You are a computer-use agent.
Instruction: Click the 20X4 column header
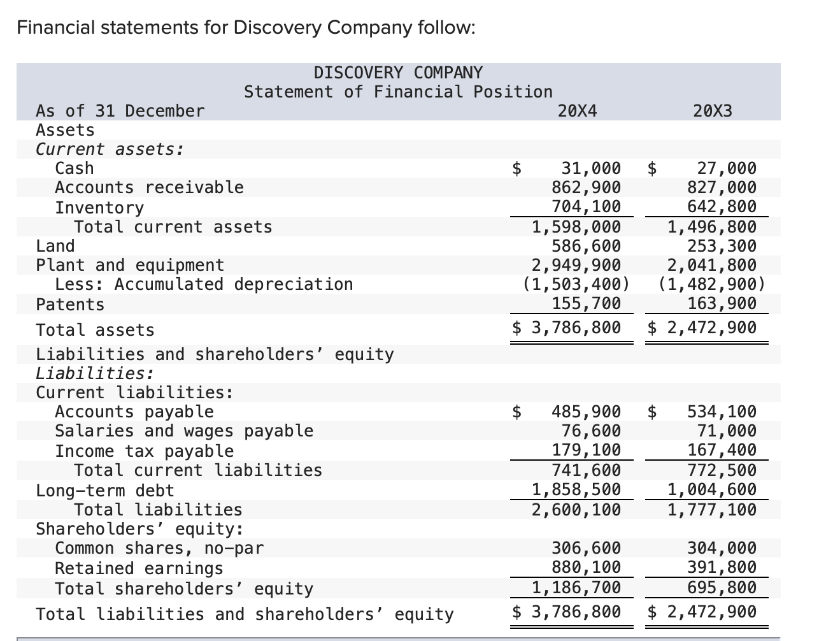click(x=577, y=111)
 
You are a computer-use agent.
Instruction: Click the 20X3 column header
click(x=713, y=111)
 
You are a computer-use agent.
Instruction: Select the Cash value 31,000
click(x=590, y=168)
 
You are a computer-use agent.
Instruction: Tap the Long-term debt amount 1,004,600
click(x=712, y=489)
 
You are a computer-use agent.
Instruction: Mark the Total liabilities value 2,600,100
click(x=576, y=510)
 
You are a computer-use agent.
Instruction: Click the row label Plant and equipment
click(x=130, y=265)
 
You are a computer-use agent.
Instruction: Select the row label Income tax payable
click(x=145, y=451)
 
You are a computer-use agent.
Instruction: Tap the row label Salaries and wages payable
click(x=184, y=431)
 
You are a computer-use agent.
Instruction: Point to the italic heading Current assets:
click(x=110, y=149)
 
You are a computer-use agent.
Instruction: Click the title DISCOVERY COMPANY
click(x=398, y=73)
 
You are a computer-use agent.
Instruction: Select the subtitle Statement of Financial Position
click(x=398, y=92)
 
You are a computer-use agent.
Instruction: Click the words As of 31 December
click(x=120, y=111)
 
